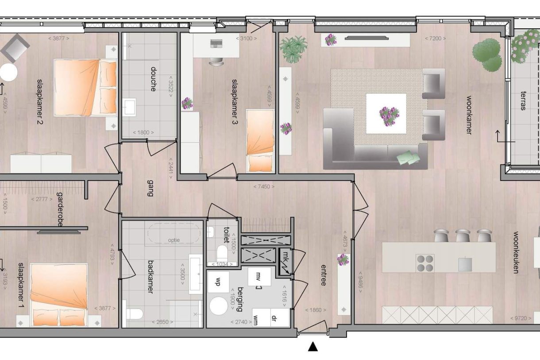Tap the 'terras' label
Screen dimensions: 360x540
[x=523, y=101]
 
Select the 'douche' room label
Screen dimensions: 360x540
[x=153, y=79]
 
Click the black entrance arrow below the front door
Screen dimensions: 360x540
[x=313, y=347]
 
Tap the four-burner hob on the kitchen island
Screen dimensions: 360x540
[x=424, y=263]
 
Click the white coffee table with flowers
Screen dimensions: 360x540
[x=386, y=113]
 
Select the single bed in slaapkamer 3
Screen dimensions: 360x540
[x=260, y=141]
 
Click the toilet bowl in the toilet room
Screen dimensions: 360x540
[x=222, y=254]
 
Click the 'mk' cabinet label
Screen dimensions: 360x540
[x=285, y=255]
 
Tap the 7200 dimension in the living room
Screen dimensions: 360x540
[x=432, y=39]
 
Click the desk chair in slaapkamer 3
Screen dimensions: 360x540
[x=216, y=60]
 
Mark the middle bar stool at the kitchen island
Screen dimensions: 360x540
[x=463, y=235]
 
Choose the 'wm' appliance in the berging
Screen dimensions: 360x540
[x=256, y=317]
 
